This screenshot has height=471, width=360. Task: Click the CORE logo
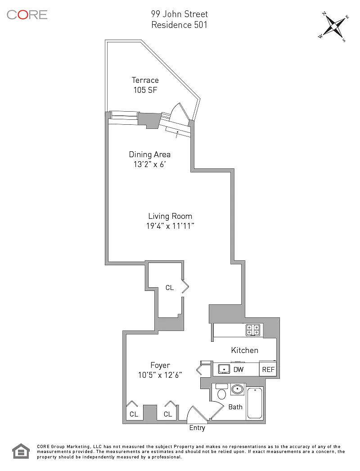pos(27,15)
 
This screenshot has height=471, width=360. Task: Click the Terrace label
pos(145,80)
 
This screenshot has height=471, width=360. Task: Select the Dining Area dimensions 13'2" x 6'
pos(149,164)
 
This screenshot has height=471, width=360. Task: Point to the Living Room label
pos(170,216)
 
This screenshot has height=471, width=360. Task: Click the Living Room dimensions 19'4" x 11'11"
pos(170,226)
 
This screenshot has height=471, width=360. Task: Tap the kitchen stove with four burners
pos(253,330)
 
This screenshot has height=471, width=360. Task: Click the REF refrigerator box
pos(268,369)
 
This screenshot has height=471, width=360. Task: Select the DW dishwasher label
pos(238,370)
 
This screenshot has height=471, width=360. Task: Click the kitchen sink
pos(224,369)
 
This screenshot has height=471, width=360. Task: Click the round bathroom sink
pos(238,389)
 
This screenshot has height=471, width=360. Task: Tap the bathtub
pos(255,403)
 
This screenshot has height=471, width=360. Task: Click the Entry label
pos(197,428)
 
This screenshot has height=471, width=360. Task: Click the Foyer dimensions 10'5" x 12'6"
pos(160,375)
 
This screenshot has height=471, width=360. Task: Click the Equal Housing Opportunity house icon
pos(21,451)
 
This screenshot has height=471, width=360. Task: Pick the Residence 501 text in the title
pos(179,25)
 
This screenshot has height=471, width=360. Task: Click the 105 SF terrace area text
pos(145,90)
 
